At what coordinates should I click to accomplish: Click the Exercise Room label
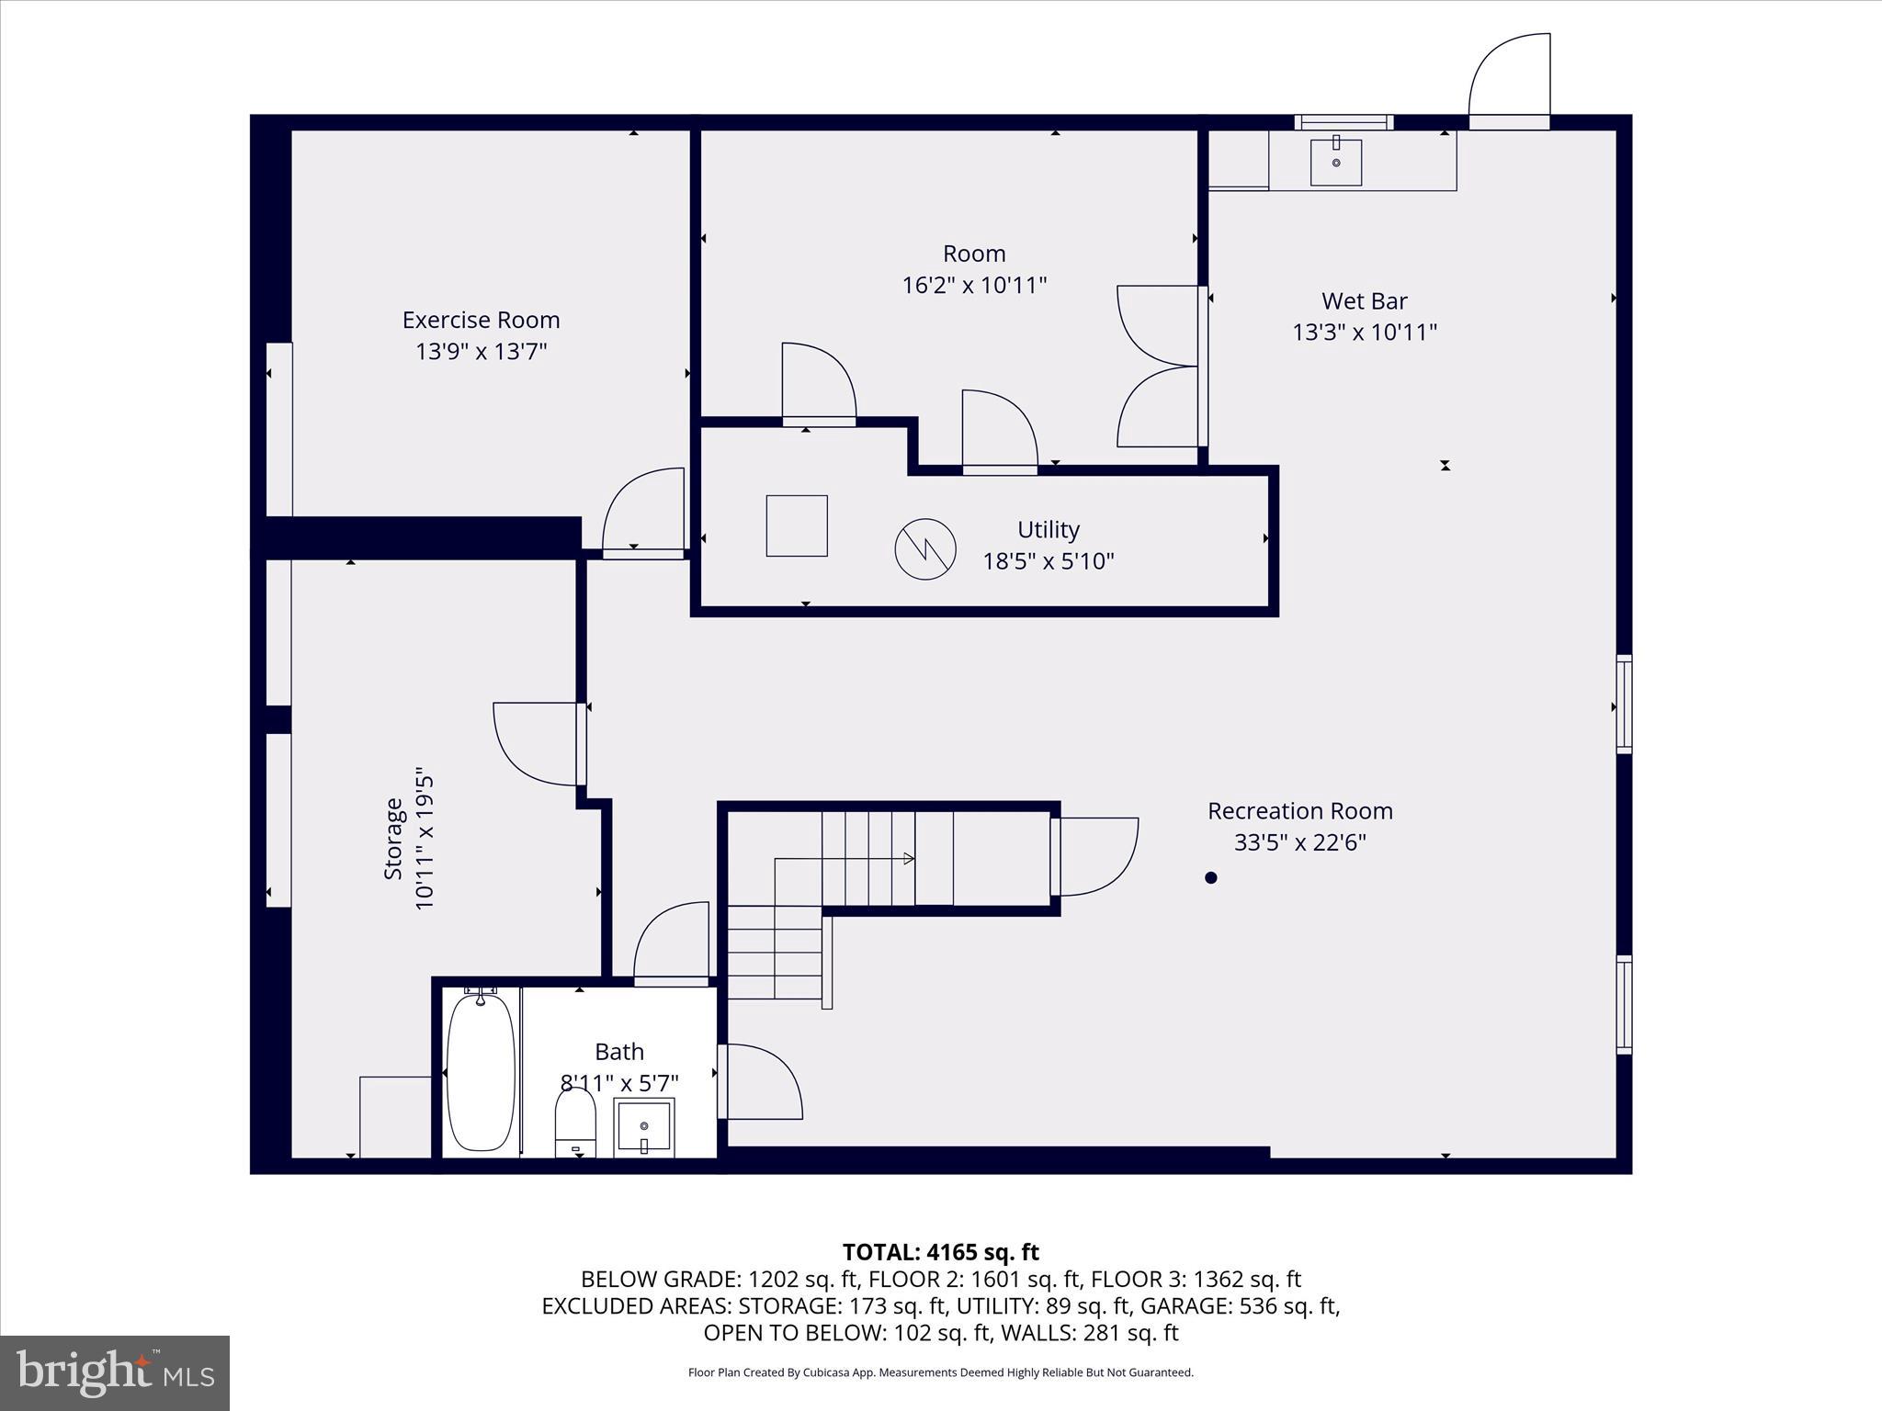pyautogui.click(x=481, y=320)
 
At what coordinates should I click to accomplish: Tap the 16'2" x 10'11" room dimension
pyautogui.click(x=974, y=285)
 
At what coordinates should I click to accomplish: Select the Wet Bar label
pyautogui.click(x=1364, y=300)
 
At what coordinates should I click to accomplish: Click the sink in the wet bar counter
pyautogui.click(x=1335, y=162)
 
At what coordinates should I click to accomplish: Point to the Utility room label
pyautogui.click(x=1048, y=529)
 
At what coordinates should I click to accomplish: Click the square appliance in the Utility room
pyautogui.click(x=797, y=525)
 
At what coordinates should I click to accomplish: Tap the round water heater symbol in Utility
pyautogui.click(x=925, y=548)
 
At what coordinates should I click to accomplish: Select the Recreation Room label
pyautogui.click(x=1299, y=811)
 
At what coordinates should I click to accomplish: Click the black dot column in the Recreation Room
pyautogui.click(x=1210, y=877)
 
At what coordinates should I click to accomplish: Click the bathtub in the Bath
pyautogui.click(x=481, y=1071)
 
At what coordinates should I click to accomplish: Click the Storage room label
pyautogui.click(x=393, y=838)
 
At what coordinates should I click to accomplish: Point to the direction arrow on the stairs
pyautogui.click(x=908, y=859)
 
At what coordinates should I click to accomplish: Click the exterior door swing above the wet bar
pyautogui.click(x=1509, y=81)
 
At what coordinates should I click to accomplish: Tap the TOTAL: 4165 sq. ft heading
pyautogui.click(x=940, y=1252)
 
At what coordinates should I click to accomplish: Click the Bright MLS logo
pyautogui.click(x=115, y=1373)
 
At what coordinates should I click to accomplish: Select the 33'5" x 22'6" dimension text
pyautogui.click(x=1299, y=842)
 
